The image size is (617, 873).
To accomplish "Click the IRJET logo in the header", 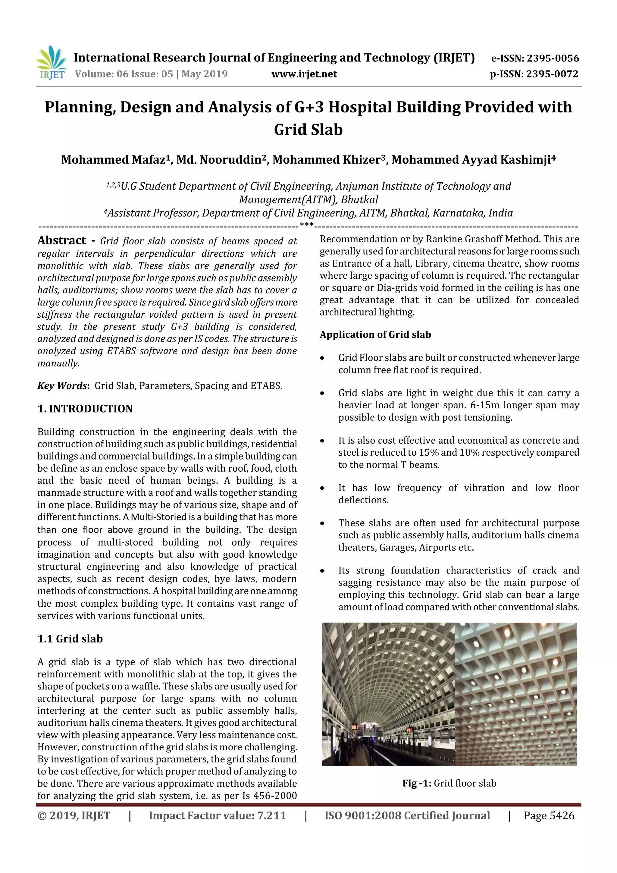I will (x=51, y=63).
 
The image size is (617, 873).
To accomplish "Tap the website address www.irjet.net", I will (x=304, y=74).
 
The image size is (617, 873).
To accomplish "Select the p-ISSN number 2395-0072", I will (x=552, y=74).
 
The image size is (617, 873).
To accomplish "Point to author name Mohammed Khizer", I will (x=329, y=160).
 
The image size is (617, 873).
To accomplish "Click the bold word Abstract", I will (x=61, y=241).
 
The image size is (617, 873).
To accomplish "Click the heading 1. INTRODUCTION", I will (x=85, y=409).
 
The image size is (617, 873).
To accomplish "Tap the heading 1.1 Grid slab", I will (x=70, y=639).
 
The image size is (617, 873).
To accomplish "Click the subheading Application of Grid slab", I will (x=375, y=334).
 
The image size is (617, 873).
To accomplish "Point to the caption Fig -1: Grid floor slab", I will (x=449, y=783).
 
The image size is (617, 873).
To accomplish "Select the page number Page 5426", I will (x=549, y=815).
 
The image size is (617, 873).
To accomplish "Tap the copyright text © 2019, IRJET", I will (x=74, y=815).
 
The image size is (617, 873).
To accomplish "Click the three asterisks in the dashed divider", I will (x=306, y=225).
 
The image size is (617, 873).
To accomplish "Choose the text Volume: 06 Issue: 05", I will (x=124, y=74).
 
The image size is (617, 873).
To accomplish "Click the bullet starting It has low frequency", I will (x=458, y=494).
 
